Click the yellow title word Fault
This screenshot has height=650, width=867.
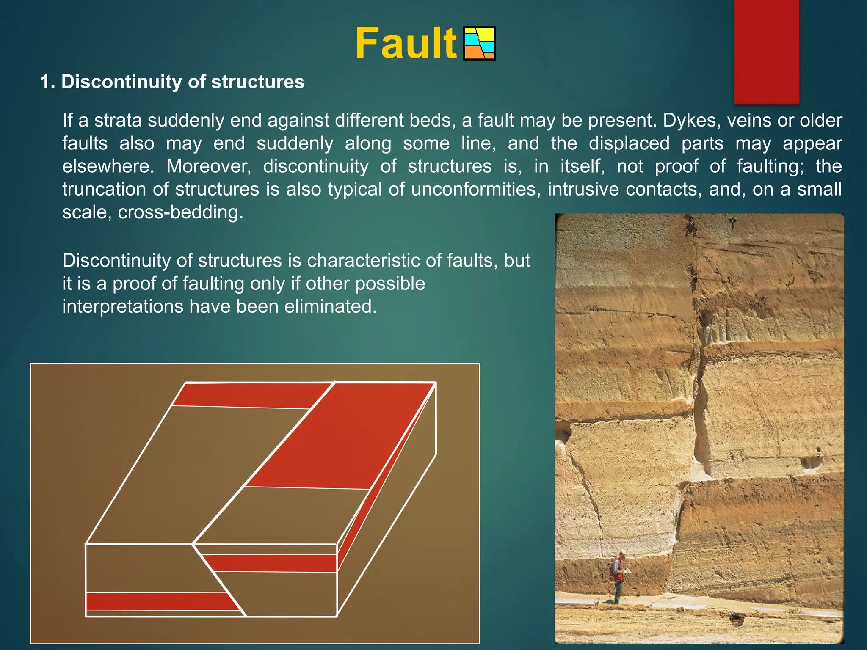click(x=406, y=44)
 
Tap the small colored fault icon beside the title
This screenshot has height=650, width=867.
click(x=479, y=44)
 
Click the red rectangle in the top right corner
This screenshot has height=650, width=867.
click(x=766, y=51)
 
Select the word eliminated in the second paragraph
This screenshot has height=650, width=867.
click(x=330, y=306)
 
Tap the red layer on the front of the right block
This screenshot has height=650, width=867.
click(x=271, y=563)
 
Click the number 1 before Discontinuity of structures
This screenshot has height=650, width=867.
click(x=46, y=82)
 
